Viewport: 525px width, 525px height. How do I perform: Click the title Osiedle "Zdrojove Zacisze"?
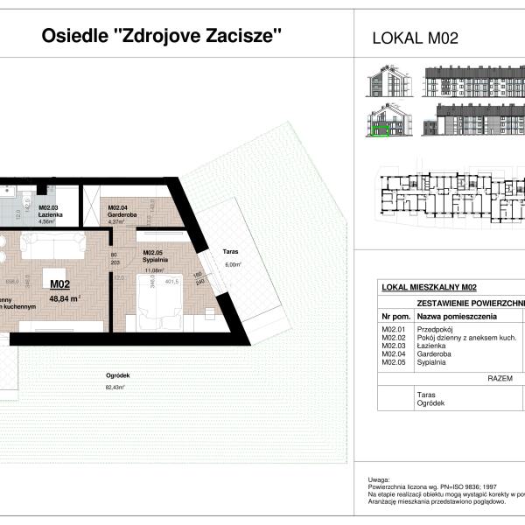click(x=163, y=37)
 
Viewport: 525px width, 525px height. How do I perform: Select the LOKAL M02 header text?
click(x=416, y=38)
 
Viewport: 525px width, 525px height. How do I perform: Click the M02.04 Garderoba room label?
click(x=123, y=213)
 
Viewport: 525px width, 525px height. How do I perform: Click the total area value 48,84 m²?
click(x=65, y=297)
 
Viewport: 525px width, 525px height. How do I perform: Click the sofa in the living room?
click(x=52, y=247)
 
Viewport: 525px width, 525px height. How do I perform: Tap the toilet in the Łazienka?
click(x=42, y=188)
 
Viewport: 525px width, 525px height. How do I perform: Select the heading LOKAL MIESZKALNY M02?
click(x=429, y=287)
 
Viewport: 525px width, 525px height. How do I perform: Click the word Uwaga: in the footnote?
click(x=380, y=479)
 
